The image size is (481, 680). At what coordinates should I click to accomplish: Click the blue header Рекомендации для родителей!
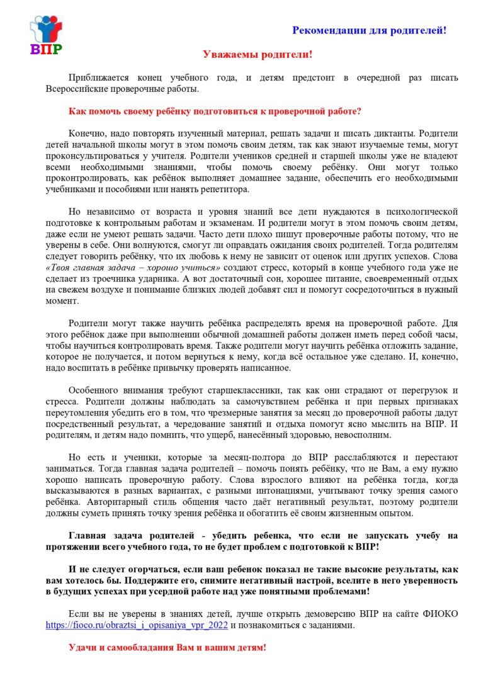tap(369, 30)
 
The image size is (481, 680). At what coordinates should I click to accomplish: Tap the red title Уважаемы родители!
tap(257, 55)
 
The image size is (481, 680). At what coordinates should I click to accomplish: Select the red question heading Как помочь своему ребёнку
tap(215, 111)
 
